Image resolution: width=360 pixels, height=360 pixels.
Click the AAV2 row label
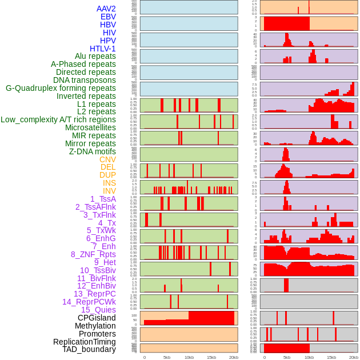[106, 9]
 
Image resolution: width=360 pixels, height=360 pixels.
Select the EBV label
[108, 17]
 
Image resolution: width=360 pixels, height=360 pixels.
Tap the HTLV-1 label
[102, 49]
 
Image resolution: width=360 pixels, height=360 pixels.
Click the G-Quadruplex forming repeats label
[61, 88]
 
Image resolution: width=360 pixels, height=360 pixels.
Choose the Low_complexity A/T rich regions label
[58, 119]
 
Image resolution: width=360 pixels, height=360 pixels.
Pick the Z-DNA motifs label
[92, 151]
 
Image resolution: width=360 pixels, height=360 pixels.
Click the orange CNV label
[107, 159]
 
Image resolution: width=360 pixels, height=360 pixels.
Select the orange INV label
[109, 191]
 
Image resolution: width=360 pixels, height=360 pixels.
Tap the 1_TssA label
[103, 199]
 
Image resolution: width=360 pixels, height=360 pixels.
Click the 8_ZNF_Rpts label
[93, 254]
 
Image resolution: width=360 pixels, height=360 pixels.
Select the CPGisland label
[97, 318]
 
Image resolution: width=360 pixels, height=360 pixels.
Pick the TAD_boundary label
[89, 349]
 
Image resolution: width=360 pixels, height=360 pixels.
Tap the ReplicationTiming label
[84, 342]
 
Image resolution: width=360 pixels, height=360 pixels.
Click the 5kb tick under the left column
[167, 357]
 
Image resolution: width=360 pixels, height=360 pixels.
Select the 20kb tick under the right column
[354, 357]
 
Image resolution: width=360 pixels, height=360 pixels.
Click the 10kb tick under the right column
[309, 357]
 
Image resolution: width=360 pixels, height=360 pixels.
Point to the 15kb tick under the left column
[211, 357]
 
